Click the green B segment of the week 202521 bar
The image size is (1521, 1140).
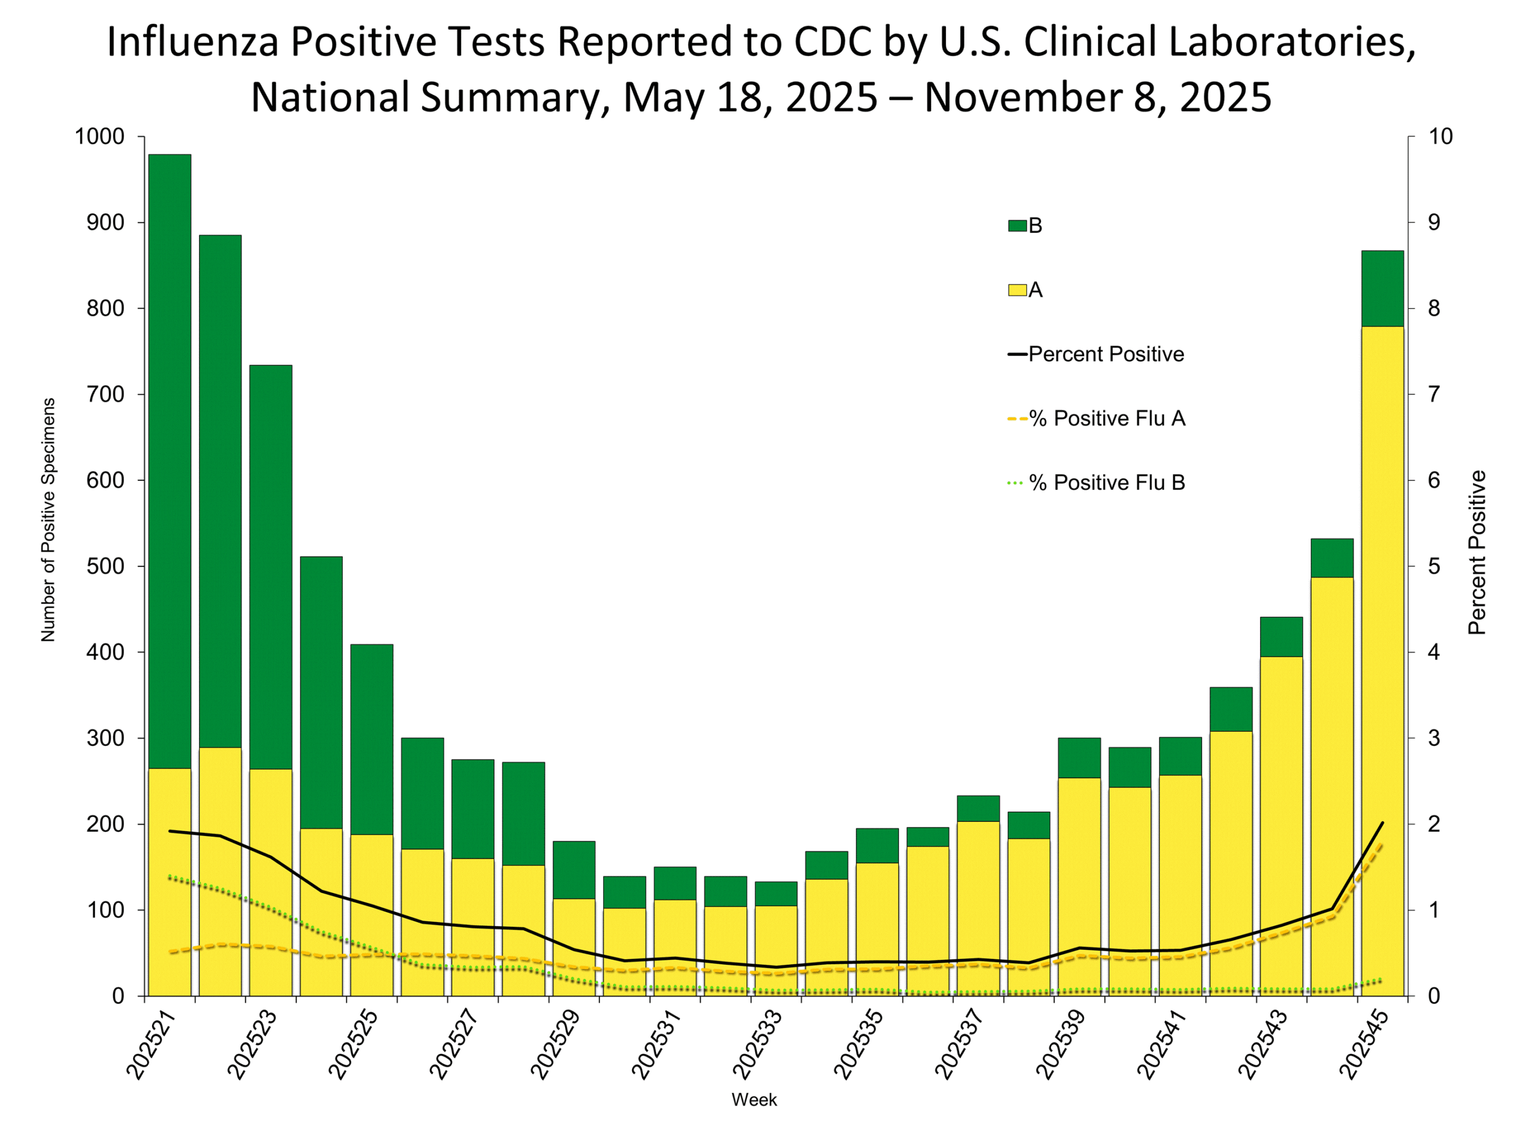(x=169, y=460)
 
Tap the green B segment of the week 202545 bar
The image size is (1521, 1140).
(x=1382, y=288)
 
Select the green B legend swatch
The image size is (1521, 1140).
(x=1017, y=226)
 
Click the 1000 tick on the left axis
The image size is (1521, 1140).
(x=99, y=137)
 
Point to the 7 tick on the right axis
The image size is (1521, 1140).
(x=1434, y=394)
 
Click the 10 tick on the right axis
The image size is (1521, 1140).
(x=1441, y=137)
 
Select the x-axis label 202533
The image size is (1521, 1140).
(x=757, y=1044)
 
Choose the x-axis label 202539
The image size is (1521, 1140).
(x=1061, y=1044)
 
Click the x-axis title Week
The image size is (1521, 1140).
(x=755, y=1100)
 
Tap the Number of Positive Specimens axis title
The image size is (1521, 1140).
(x=48, y=520)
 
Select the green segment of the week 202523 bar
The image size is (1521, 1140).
(x=270, y=566)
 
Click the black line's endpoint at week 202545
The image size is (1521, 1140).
(x=1382, y=822)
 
